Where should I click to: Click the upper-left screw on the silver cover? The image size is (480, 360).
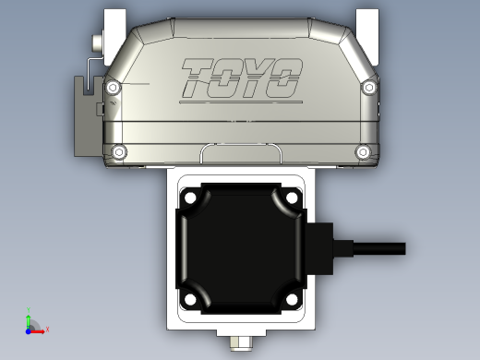click(x=112, y=88)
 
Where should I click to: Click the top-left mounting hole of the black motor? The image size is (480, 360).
click(x=189, y=198)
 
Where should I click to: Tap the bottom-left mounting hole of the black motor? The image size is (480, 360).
click(x=189, y=297)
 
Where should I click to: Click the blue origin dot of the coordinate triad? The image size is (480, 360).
click(x=29, y=328)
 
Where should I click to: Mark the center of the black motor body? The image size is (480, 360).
click(x=240, y=247)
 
